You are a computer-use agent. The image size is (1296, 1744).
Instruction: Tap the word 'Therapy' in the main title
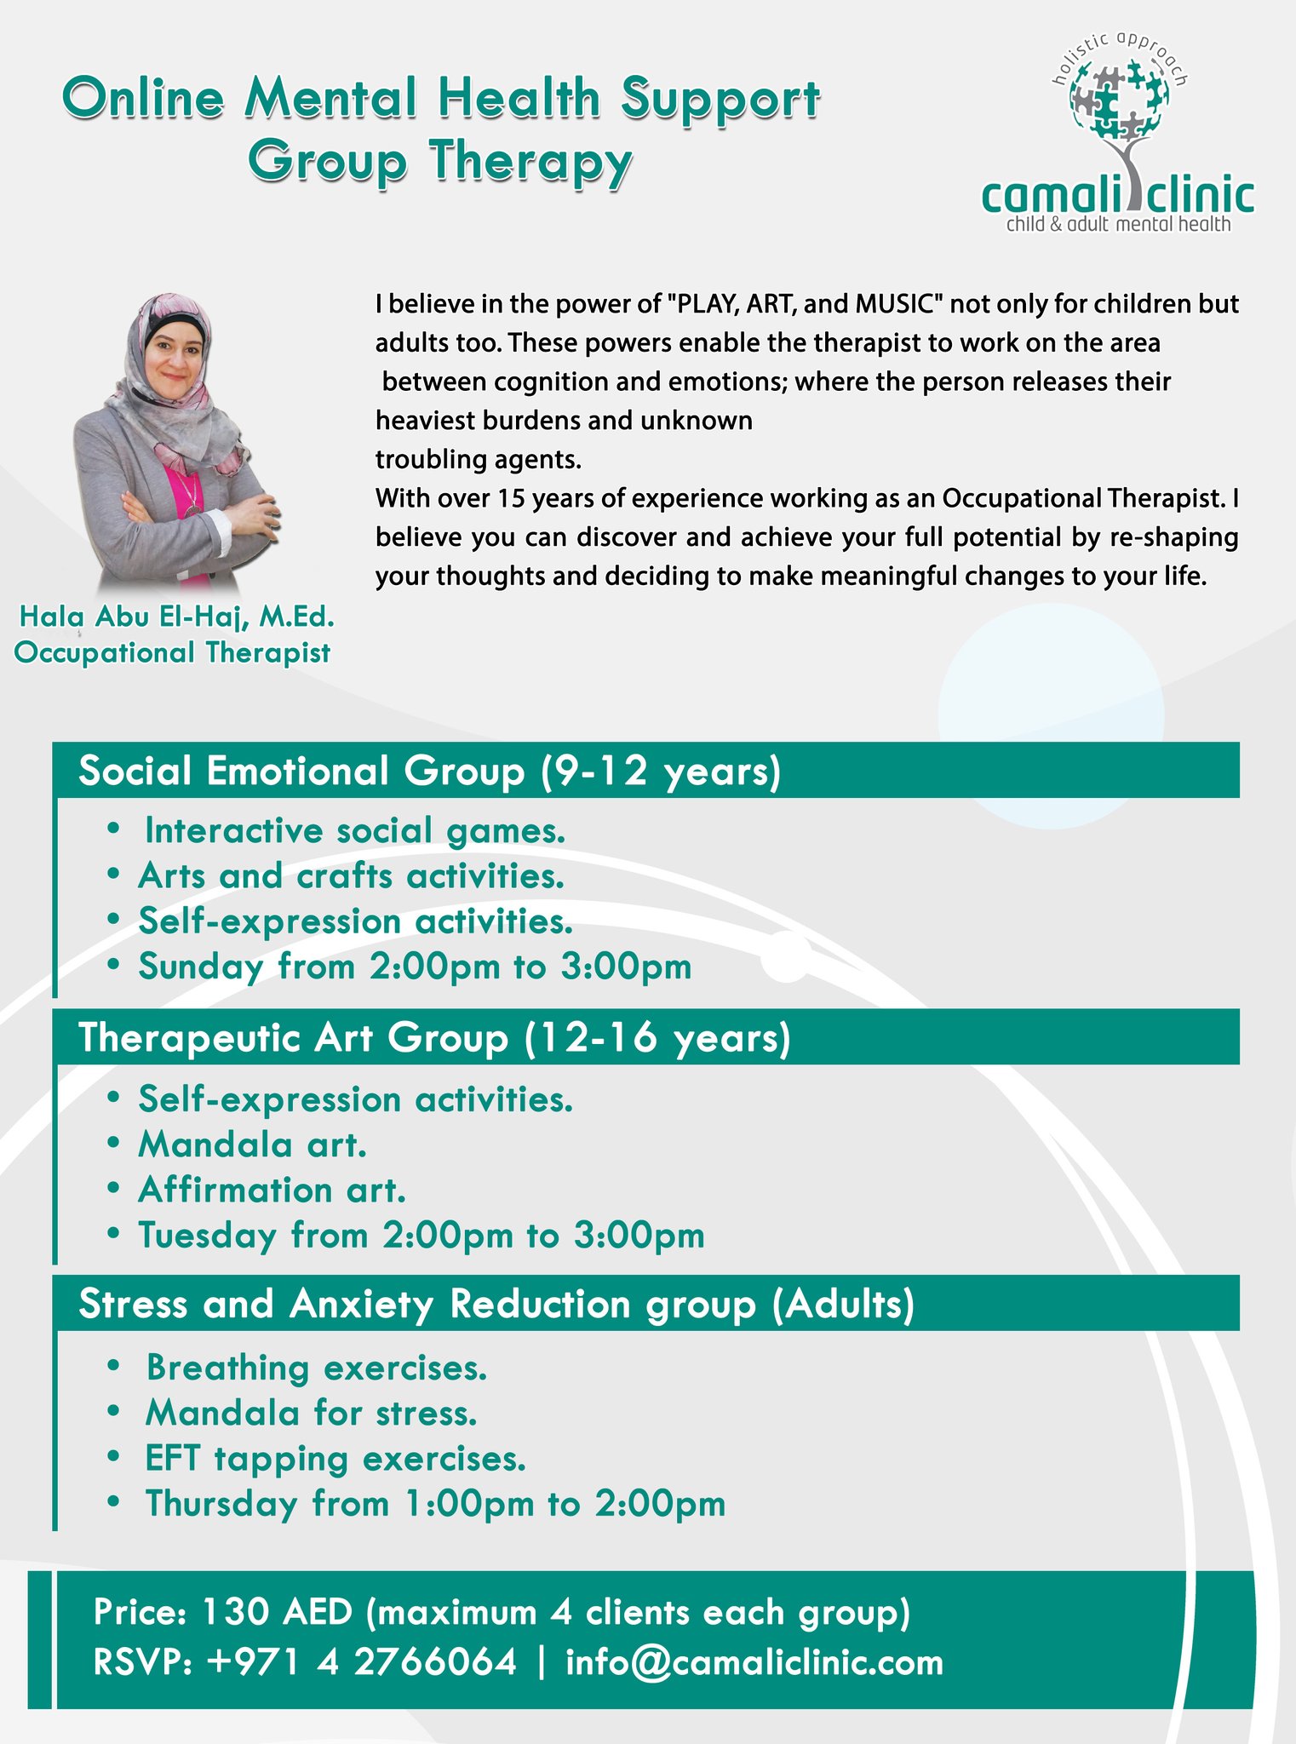[530, 162]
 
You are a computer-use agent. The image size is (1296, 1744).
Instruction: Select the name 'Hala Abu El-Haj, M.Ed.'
[177, 617]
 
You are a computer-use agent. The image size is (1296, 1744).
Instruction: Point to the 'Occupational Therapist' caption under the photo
[173, 653]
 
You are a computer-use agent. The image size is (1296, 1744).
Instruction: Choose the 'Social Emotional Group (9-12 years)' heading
[429, 772]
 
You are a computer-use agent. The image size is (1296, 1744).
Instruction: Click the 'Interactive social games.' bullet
[355, 831]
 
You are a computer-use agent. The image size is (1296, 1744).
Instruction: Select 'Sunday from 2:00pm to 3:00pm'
[415, 967]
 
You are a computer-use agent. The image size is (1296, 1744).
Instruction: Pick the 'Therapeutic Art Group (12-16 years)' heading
[434, 1038]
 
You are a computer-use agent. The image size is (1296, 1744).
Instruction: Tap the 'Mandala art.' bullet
[252, 1144]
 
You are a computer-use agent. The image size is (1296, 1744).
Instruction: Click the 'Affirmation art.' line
[272, 1190]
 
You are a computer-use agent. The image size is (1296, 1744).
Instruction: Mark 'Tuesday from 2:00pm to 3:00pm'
[421, 1235]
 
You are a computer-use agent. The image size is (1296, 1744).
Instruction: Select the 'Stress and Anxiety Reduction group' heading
[417, 1305]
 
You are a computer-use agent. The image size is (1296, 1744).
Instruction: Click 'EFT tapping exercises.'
[335, 1459]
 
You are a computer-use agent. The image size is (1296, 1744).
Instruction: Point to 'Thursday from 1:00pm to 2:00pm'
[435, 1504]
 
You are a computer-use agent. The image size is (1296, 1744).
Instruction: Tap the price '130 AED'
[277, 1613]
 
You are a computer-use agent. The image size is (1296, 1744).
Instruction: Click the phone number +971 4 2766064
[362, 1662]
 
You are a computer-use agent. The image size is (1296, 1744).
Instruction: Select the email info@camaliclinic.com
[754, 1663]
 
